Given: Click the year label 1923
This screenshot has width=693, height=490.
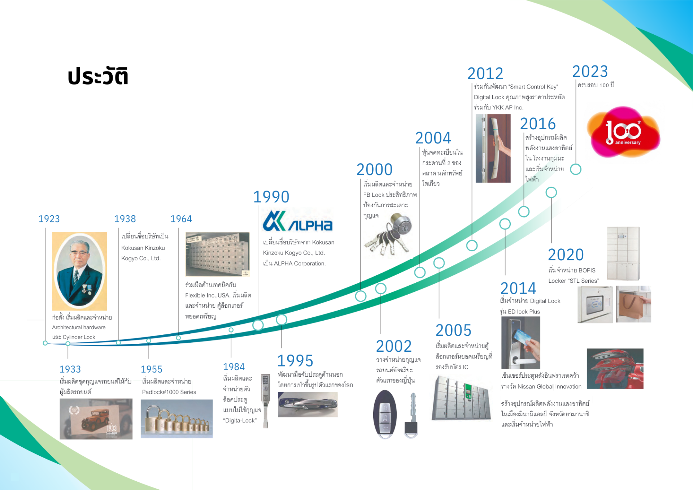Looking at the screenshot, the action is pos(49,219).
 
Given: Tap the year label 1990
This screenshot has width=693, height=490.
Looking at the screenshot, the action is pos(271,197).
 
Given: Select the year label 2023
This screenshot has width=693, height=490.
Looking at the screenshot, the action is pos(590,71).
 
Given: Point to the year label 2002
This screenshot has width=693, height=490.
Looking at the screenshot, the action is pos(394,346).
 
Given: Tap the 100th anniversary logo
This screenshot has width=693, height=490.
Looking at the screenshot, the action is pos(623,132).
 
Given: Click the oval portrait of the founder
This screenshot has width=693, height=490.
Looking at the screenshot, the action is pos(80,271).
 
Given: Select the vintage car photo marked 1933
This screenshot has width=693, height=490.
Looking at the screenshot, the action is pos(96,419).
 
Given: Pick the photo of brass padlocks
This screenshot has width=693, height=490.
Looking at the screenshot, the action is pos(176,419).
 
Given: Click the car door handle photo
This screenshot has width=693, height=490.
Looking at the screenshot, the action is pos(308,404).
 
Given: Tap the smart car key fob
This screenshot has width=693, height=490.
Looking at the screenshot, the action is pos(385,414).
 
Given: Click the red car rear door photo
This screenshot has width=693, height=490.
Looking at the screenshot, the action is pos(615,369).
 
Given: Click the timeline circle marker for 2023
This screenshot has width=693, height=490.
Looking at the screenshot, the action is pos(576,169).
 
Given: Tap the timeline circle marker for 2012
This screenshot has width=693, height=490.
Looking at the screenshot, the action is pos(472,246).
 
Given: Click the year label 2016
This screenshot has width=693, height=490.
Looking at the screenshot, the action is pos(538,124).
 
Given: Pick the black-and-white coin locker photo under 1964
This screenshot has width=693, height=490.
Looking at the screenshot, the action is pos(217,254).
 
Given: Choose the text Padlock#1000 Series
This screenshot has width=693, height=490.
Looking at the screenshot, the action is pos(169,392).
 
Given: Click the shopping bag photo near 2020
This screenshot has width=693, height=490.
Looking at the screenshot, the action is pos(633,304).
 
